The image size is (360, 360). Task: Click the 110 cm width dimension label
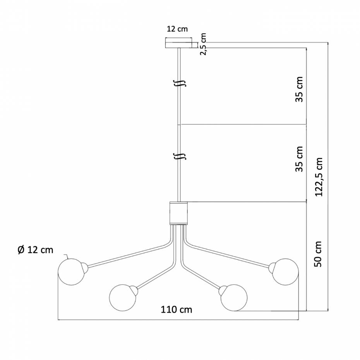[x=177, y=310]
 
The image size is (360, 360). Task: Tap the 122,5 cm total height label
[x=319, y=177]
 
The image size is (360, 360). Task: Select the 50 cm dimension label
[x=318, y=254]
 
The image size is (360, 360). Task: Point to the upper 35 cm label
[x=299, y=89]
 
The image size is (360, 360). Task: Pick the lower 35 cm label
[x=299, y=159]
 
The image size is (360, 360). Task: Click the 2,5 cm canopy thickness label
[x=203, y=44]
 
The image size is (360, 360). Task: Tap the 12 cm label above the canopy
[x=177, y=29]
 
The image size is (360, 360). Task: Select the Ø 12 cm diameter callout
[x=35, y=250]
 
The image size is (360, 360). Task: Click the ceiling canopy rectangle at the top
[x=178, y=43]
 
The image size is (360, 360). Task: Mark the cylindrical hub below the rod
[x=178, y=213]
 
